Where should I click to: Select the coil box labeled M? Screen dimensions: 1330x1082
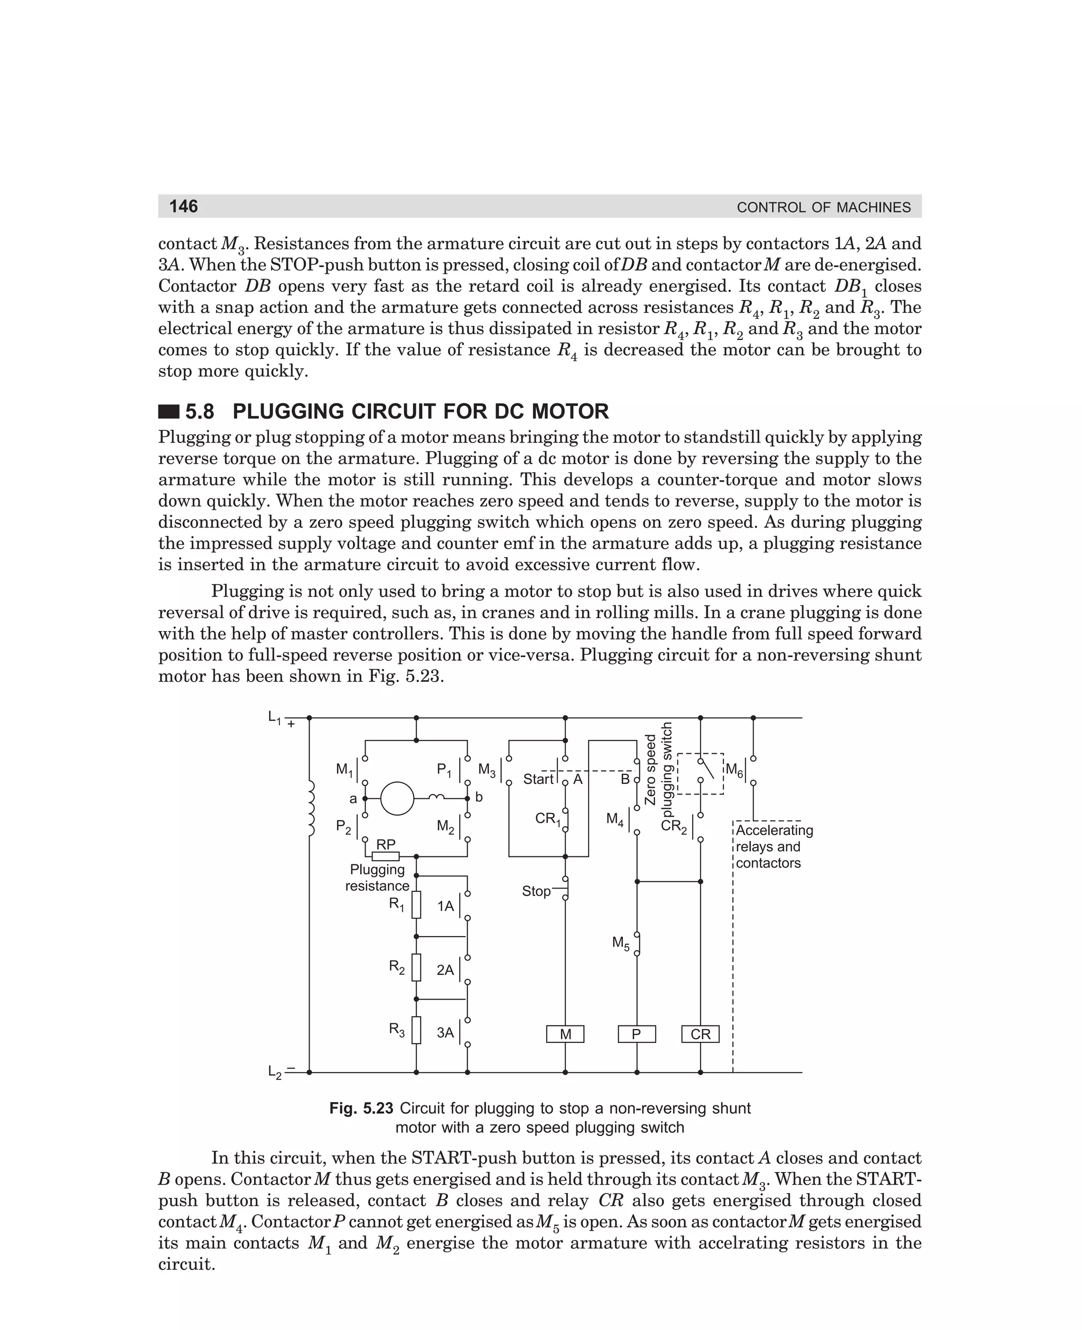click(x=565, y=1034)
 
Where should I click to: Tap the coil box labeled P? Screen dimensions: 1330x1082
click(x=636, y=1034)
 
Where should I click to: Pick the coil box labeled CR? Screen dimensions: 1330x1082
click(x=700, y=1034)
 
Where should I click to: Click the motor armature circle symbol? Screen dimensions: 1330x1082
click(x=397, y=798)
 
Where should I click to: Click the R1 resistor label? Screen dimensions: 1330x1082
click(x=396, y=903)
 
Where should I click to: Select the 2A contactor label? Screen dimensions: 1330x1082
click(x=445, y=969)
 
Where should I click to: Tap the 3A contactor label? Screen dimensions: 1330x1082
click(x=445, y=1032)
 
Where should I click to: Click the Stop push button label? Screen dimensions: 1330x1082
click(x=536, y=891)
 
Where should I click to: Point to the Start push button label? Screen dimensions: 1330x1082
click(x=538, y=779)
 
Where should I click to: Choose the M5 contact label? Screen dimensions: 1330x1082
click(x=621, y=943)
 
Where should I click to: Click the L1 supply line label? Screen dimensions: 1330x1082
click(x=275, y=718)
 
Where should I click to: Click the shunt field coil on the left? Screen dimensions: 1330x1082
click(x=311, y=809)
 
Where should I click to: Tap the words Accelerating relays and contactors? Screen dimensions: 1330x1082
click(x=773, y=846)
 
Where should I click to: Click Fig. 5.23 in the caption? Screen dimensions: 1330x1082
click(x=361, y=1108)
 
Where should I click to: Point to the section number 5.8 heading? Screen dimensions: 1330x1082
click(x=200, y=412)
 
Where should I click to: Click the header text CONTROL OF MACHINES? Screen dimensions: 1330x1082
click(x=823, y=207)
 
